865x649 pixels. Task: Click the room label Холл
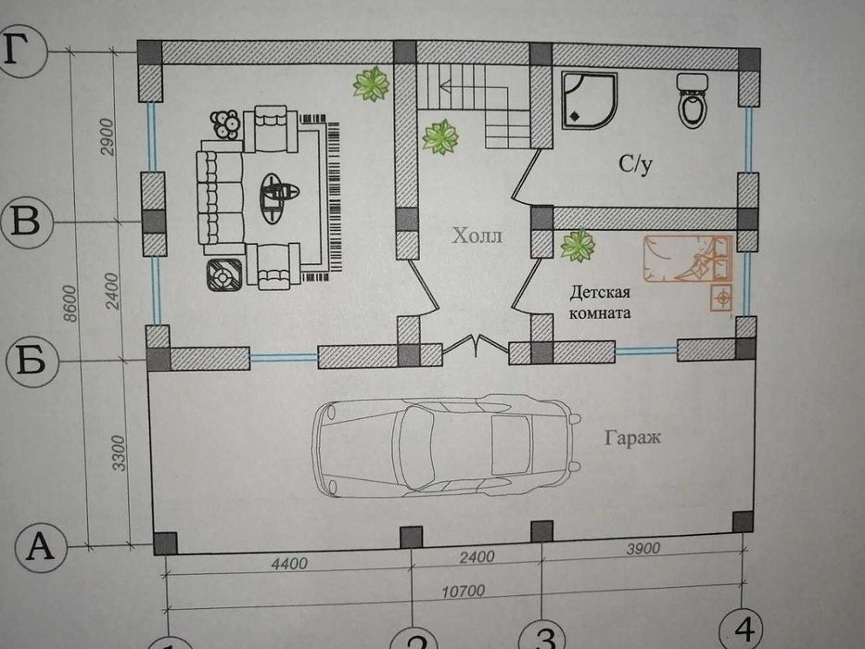tap(477, 236)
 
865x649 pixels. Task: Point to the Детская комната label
tap(600, 303)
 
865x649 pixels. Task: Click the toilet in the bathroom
tap(693, 104)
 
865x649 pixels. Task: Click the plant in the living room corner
tap(371, 84)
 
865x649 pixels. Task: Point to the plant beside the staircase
tap(439, 138)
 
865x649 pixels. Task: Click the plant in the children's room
tap(578, 247)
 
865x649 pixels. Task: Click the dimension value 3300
tap(119, 451)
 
